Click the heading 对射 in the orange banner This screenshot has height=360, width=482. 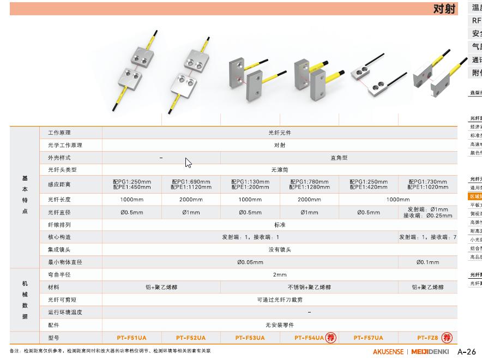pos(444,9)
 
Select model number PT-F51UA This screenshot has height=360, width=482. pos(131,338)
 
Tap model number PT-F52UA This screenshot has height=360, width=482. pos(191,338)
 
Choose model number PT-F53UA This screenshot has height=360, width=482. pos(250,338)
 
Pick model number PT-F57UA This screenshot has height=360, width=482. pos(368,338)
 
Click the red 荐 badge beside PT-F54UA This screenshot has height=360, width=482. pos(330,338)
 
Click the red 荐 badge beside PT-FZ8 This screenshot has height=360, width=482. pos(447,338)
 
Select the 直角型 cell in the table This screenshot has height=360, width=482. pos(339,158)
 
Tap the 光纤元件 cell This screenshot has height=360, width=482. pos(279,133)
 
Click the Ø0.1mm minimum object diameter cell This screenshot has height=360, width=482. pos(427,262)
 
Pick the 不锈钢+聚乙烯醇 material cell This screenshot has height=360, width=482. pos(309,287)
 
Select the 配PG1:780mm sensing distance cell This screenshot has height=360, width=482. pos(309,184)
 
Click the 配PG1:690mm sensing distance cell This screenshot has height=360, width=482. pos(191,184)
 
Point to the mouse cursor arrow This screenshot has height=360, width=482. pos(188,163)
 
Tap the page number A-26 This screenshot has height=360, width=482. pos(467,351)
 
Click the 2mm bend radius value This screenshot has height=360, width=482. pos(279,274)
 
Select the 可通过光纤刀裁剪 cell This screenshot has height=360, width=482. pos(279,299)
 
